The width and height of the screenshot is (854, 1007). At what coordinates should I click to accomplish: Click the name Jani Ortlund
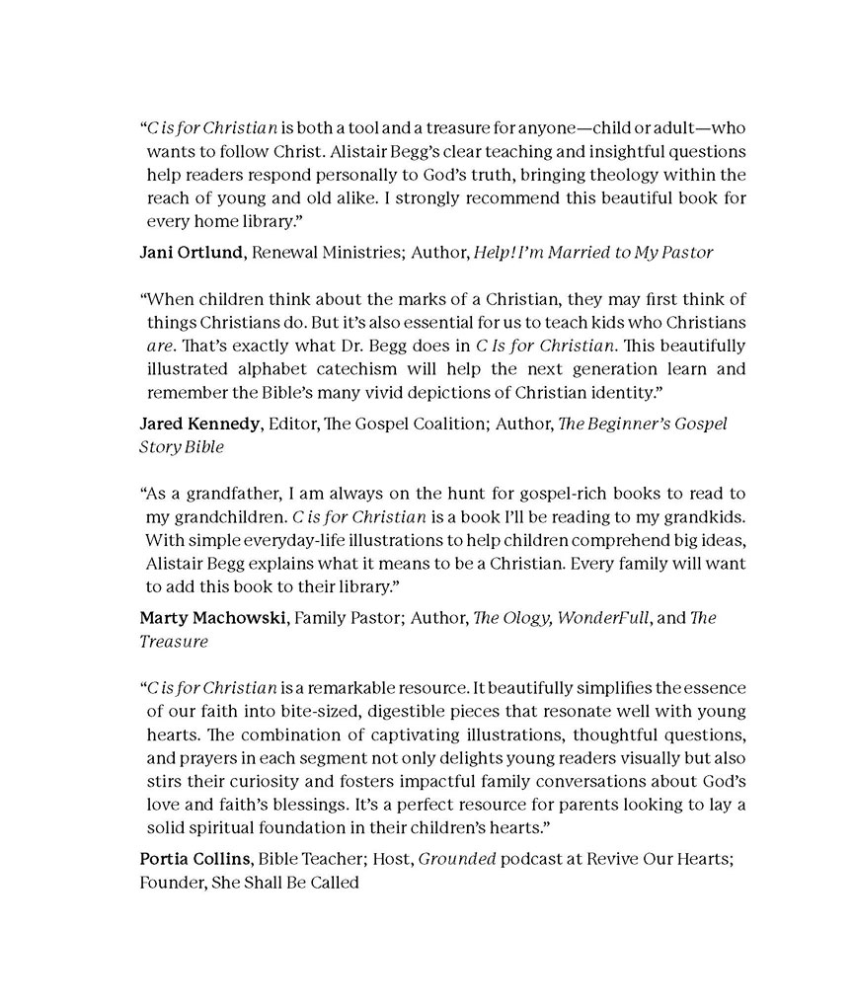click(192, 253)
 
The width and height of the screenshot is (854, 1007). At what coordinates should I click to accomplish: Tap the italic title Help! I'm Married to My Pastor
click(593, 253)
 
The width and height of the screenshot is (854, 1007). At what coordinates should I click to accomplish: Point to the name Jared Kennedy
click(201, 424)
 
